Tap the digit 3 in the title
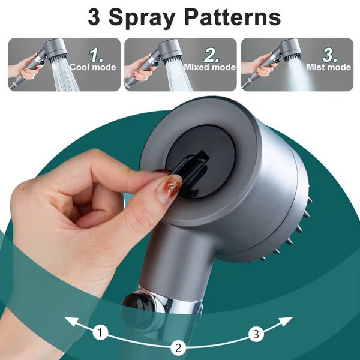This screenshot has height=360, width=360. pos(95,17)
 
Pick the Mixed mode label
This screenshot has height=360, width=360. pos(209,68)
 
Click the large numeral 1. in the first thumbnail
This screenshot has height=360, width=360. pos(97,55)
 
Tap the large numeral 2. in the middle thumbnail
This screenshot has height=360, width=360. pos(211,55)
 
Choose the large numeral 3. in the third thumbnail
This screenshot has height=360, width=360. pos(329,55)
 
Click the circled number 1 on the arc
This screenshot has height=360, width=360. pos(101,331)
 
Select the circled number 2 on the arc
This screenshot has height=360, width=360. pos(178,346)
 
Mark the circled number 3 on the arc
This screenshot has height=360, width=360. pos(256,331)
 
